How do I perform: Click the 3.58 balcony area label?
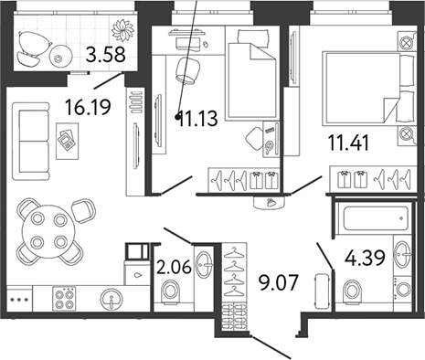(x=105, y=55)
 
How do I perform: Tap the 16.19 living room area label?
(x=89, y=107)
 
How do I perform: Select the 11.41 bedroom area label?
(x=348, y=143)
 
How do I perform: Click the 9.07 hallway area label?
(x=278, y=282)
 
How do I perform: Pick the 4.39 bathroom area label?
(x=365, y=258)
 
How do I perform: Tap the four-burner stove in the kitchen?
(x=64, y=299)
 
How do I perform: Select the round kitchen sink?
(x=112, y=299)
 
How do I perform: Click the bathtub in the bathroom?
(x=376, y=219)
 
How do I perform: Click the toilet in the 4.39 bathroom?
(x=354, y=291)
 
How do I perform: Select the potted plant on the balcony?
(x=122, y=30)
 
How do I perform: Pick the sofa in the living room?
(x=31, y=141)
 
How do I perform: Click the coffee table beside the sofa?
(x=68, y=141)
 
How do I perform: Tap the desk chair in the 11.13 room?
(x=187, y=70)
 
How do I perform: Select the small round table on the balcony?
(x=60, y=56)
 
